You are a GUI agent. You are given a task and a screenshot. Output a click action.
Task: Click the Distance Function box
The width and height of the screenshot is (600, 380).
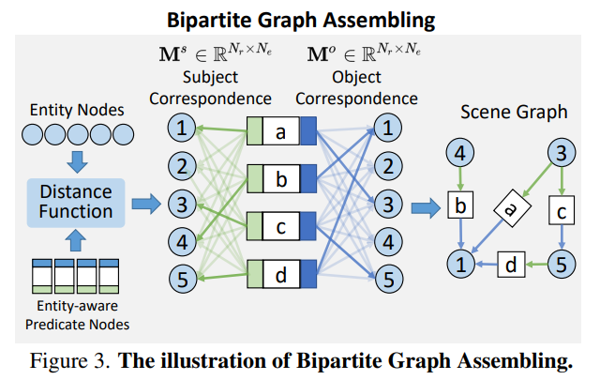click(x=76, y=203)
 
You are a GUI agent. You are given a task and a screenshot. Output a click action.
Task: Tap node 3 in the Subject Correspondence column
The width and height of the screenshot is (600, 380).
click(x=182, y=204)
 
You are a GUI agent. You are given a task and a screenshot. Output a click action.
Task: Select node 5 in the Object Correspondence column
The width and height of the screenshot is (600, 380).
click(x=389, y=279)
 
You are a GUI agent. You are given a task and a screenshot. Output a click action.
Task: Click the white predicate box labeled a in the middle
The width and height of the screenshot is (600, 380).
click(x=281, y=131)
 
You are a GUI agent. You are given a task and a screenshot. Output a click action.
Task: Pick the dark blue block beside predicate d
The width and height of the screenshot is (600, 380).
click(x=308, y=274)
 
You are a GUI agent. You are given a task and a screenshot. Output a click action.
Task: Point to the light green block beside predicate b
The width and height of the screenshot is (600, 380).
click(x=255, y=178)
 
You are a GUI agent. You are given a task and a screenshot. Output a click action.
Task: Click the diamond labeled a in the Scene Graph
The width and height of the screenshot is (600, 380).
click(x=513, y=208)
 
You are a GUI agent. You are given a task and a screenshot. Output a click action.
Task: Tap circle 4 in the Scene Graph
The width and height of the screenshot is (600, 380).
click(x=460, y=153)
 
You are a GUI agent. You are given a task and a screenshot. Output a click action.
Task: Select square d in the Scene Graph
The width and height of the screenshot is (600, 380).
click(x=511, y=265)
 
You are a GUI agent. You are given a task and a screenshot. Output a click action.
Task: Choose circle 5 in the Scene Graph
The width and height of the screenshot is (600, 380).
click(x=562, y=264)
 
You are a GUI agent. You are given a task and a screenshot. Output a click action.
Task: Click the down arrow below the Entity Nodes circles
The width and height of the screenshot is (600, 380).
click(x=77, y=161)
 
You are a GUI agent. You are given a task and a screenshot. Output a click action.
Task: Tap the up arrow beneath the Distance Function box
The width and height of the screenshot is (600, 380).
click(x=76, y=240)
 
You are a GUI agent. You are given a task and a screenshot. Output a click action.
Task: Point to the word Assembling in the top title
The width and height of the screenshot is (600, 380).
click(x=379, y=21)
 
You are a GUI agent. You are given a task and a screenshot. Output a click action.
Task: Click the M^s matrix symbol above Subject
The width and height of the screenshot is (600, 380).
click(x=172, y=53)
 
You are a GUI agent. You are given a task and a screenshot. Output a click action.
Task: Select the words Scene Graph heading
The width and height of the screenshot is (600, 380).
click(x=514, y=113)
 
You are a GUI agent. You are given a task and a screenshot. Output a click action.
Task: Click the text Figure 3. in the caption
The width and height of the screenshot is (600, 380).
click(x=69, y=361)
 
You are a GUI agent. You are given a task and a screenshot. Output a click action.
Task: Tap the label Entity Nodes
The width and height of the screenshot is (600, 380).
click(x=77, y=110)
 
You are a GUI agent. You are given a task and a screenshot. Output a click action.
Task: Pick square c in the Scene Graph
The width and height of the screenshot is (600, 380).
click(x=562, y=210)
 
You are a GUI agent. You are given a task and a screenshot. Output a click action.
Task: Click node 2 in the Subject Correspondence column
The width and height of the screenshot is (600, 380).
click(x=182, y=166)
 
